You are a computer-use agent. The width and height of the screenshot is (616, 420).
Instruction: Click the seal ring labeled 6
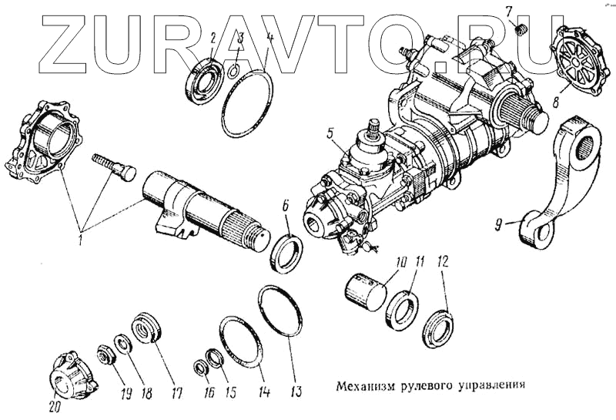click(x=289, y=251)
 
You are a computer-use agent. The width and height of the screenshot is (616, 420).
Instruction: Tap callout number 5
click(x=330, y=133)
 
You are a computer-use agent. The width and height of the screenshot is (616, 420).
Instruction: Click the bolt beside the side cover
click(x=114, y=163)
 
